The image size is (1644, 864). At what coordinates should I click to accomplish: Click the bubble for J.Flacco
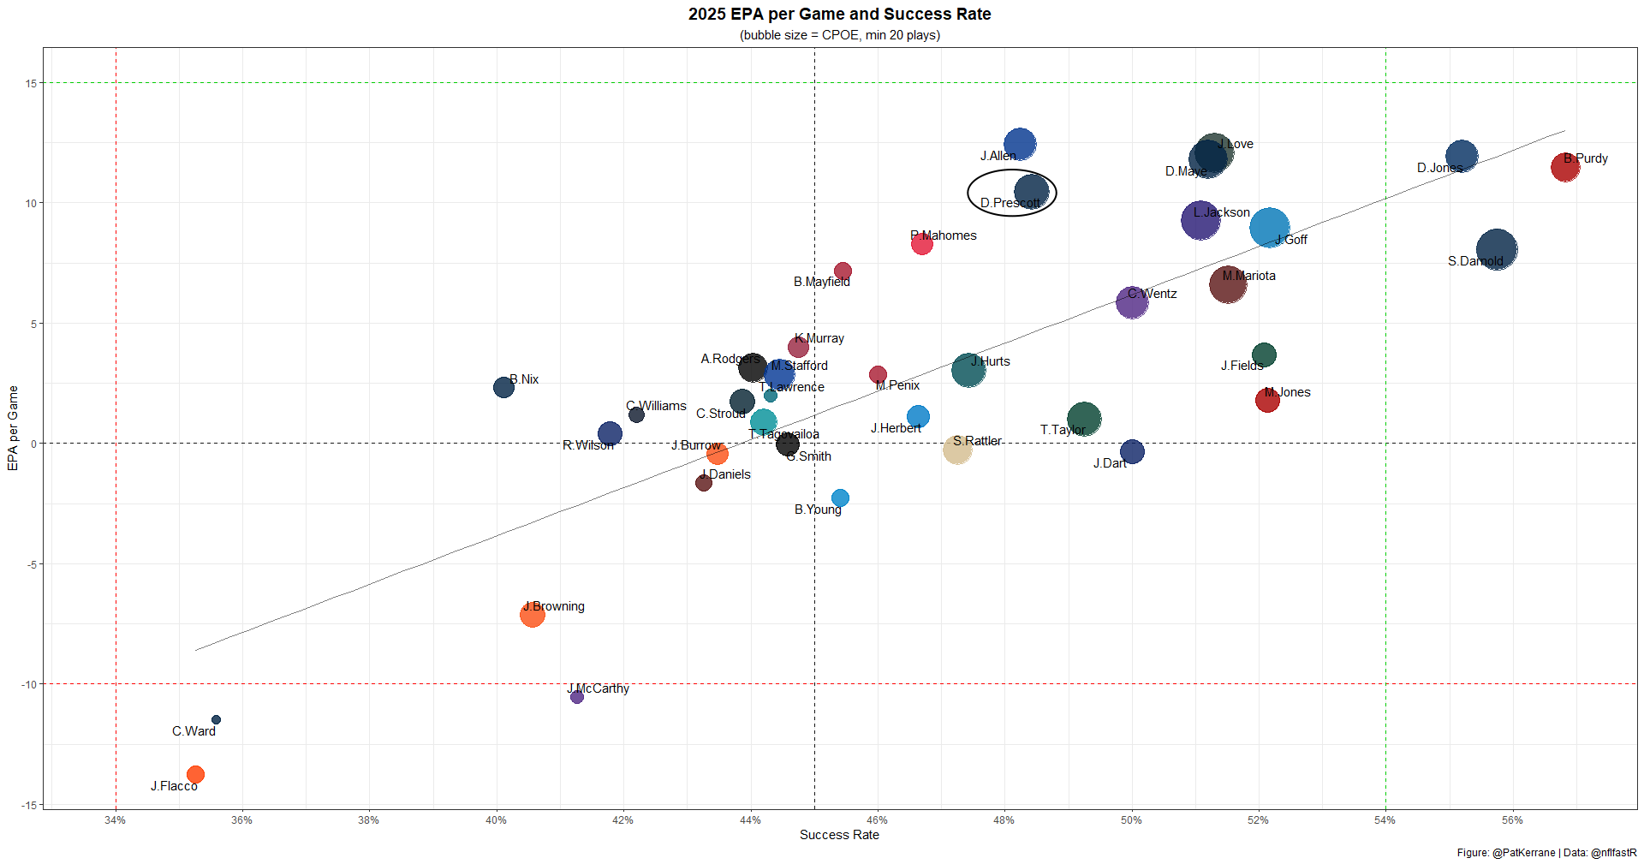click(x=195, y=775)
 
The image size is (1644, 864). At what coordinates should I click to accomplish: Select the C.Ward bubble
click(x=216, y=720)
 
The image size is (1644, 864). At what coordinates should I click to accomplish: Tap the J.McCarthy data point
click(x=577, y=697)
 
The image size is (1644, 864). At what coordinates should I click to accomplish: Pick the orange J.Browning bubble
click(x=532, y=614)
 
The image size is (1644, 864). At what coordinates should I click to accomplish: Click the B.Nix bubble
click(x=503, y=387)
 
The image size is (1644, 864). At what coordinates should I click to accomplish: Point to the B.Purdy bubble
click(x=1565, y=167)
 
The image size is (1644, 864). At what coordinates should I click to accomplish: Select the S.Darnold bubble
click(x=1497, y=250)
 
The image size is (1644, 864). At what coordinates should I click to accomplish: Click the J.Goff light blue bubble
click(x=1269, y=228)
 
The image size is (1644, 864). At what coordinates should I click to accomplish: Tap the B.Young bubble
click(x=840, y=498)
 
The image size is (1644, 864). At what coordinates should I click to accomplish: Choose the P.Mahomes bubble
click(x=921, y=244)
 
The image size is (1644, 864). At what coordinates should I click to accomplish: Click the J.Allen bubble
click(x=1020, y=144)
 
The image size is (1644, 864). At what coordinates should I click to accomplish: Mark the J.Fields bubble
click(x=1264, y=355)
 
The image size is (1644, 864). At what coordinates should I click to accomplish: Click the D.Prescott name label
click(x=1010, y=203)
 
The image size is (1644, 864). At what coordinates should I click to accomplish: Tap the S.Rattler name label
click(x=977, y=441)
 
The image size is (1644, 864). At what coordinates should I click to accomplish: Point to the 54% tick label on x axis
click(x=1385, y=820)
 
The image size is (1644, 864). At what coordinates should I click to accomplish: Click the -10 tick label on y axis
click(x=29, y=684)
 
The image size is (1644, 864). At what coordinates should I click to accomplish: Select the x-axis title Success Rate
click(x=839, y=835)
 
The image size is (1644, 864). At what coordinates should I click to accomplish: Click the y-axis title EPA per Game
click(x=13, y=427)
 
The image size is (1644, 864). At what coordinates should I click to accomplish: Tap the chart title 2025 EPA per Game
click(x=839, y=15)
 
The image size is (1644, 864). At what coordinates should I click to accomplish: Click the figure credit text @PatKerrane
click(x=1523, y=853)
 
